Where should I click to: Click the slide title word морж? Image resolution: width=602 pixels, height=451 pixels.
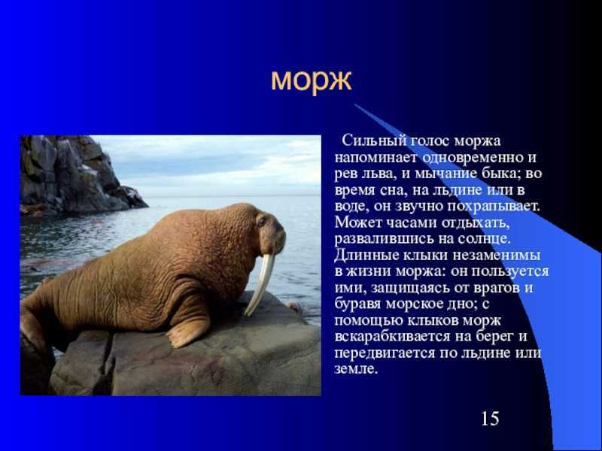[311, 80]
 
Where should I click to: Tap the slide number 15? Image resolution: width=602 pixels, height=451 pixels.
[491, 418]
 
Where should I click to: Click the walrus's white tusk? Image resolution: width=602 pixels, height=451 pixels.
[260, 283]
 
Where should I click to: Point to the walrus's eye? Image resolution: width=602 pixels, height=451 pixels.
[262, 222]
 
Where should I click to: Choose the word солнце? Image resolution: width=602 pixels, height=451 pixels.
[484, 239]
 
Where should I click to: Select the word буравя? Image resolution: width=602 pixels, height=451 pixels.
[357, 304]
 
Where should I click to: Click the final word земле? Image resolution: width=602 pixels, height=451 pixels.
[356, 369]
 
